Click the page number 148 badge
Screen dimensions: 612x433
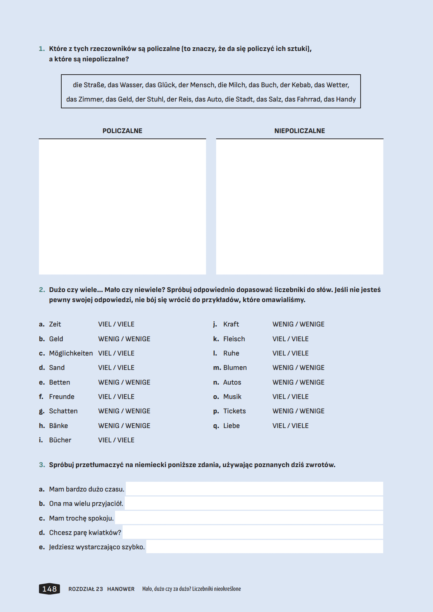tap(49, 589)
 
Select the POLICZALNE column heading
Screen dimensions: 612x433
tap(122, 131)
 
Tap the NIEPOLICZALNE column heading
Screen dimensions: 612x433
tap(299, 131)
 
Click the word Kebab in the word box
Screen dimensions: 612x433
tap(301, 85)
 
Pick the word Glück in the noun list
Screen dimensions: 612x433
tap(166, 85)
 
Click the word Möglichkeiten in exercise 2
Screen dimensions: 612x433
tap(71, 353)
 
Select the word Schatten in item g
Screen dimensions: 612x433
tap(63, 411)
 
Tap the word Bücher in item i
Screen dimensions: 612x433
tap(60, 440)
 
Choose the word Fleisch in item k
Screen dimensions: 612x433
tap(234, 339)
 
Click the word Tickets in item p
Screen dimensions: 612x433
tap(234, 411)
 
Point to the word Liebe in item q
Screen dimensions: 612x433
tap(231, 426)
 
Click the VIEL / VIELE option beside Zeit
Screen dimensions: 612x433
tap(116, 324)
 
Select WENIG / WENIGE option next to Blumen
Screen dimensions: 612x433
tap(298, 368)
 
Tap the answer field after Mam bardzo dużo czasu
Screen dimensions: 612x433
tap(254, 489)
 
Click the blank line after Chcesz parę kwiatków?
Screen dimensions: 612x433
tap(253, 532)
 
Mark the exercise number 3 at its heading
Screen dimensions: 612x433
tap(42, 465)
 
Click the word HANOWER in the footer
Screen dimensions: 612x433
tap(121, 589)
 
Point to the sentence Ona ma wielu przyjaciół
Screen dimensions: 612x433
tap(86, 504)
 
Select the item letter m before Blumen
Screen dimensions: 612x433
tap(217, 368)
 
